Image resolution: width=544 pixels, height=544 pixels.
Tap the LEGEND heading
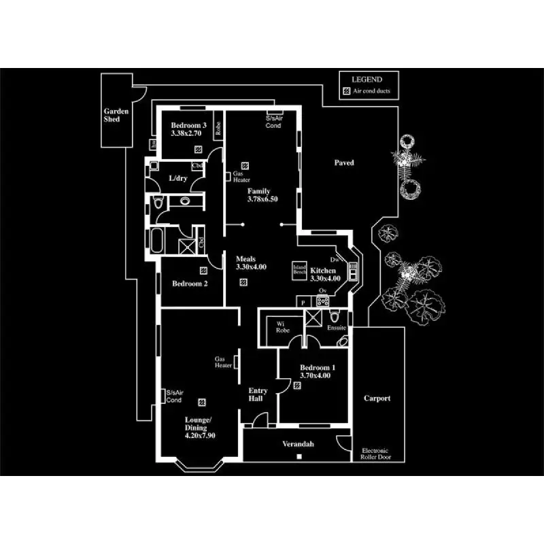click(x=367, y=80)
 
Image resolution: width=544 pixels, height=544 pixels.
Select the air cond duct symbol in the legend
click(x=346, y=90)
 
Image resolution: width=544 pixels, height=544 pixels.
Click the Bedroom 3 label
click(x=188, y=125)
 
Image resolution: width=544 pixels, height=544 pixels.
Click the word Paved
click(x=344, y=163)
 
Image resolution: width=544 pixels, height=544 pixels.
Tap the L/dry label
click(x=178, y=178)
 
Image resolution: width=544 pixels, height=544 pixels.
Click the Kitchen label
click(x=323, y=270)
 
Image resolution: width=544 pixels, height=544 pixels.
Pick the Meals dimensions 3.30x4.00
click(x=251, y=267)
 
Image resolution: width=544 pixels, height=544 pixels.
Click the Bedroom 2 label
click(x=190, y=284)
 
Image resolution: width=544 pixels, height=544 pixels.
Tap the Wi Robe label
click(x=282, y=326)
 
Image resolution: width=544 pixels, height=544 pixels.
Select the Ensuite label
click(x=336, y=328)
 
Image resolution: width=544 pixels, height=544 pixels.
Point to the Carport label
click(x=377, y=398)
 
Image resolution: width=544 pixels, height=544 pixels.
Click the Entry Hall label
click(x=258, y=395)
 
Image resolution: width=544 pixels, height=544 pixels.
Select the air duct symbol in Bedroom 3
click(x=198, y=148)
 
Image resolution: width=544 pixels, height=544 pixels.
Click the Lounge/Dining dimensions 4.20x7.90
click(x=200, y=436)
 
